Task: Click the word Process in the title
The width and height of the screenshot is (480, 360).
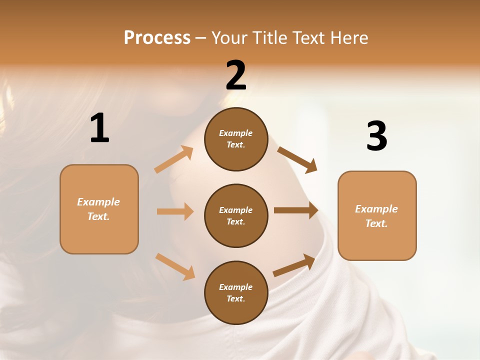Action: (157, 38)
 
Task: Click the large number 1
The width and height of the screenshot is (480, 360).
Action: (99, 128)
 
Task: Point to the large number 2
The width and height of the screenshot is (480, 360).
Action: (236, 75)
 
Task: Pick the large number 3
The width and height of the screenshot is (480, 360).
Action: (376, 136)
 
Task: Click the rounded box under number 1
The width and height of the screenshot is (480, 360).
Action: (99, 209)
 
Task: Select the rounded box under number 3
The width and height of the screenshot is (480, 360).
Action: (377, 216)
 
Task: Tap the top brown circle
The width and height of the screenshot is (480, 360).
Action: (236, 139)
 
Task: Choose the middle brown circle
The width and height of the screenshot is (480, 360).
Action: (236, 216)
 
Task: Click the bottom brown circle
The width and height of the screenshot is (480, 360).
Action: (236, 293)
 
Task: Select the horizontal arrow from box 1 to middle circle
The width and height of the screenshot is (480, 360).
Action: (175, 211)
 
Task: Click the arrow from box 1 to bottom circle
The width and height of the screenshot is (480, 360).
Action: (175, 266)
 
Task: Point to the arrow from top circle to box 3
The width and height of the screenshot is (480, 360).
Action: (297, 159)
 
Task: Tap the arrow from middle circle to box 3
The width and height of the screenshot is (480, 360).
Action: (296, 210)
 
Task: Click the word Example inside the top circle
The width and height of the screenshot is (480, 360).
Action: (236, 133)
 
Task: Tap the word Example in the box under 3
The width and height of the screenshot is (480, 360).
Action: (376, 209)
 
